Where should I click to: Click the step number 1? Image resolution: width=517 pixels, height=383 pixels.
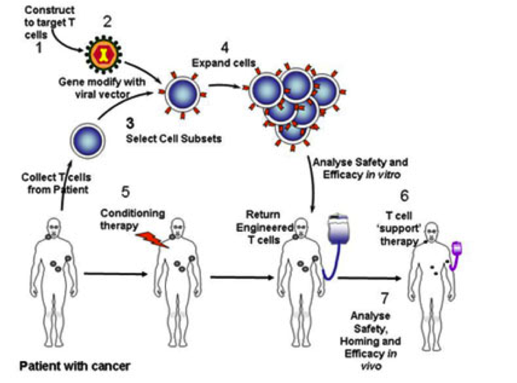pyautogui.click(x=39, y=48)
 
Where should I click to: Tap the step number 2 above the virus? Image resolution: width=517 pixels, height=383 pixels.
pyautogui.click(x=107, y=22)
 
